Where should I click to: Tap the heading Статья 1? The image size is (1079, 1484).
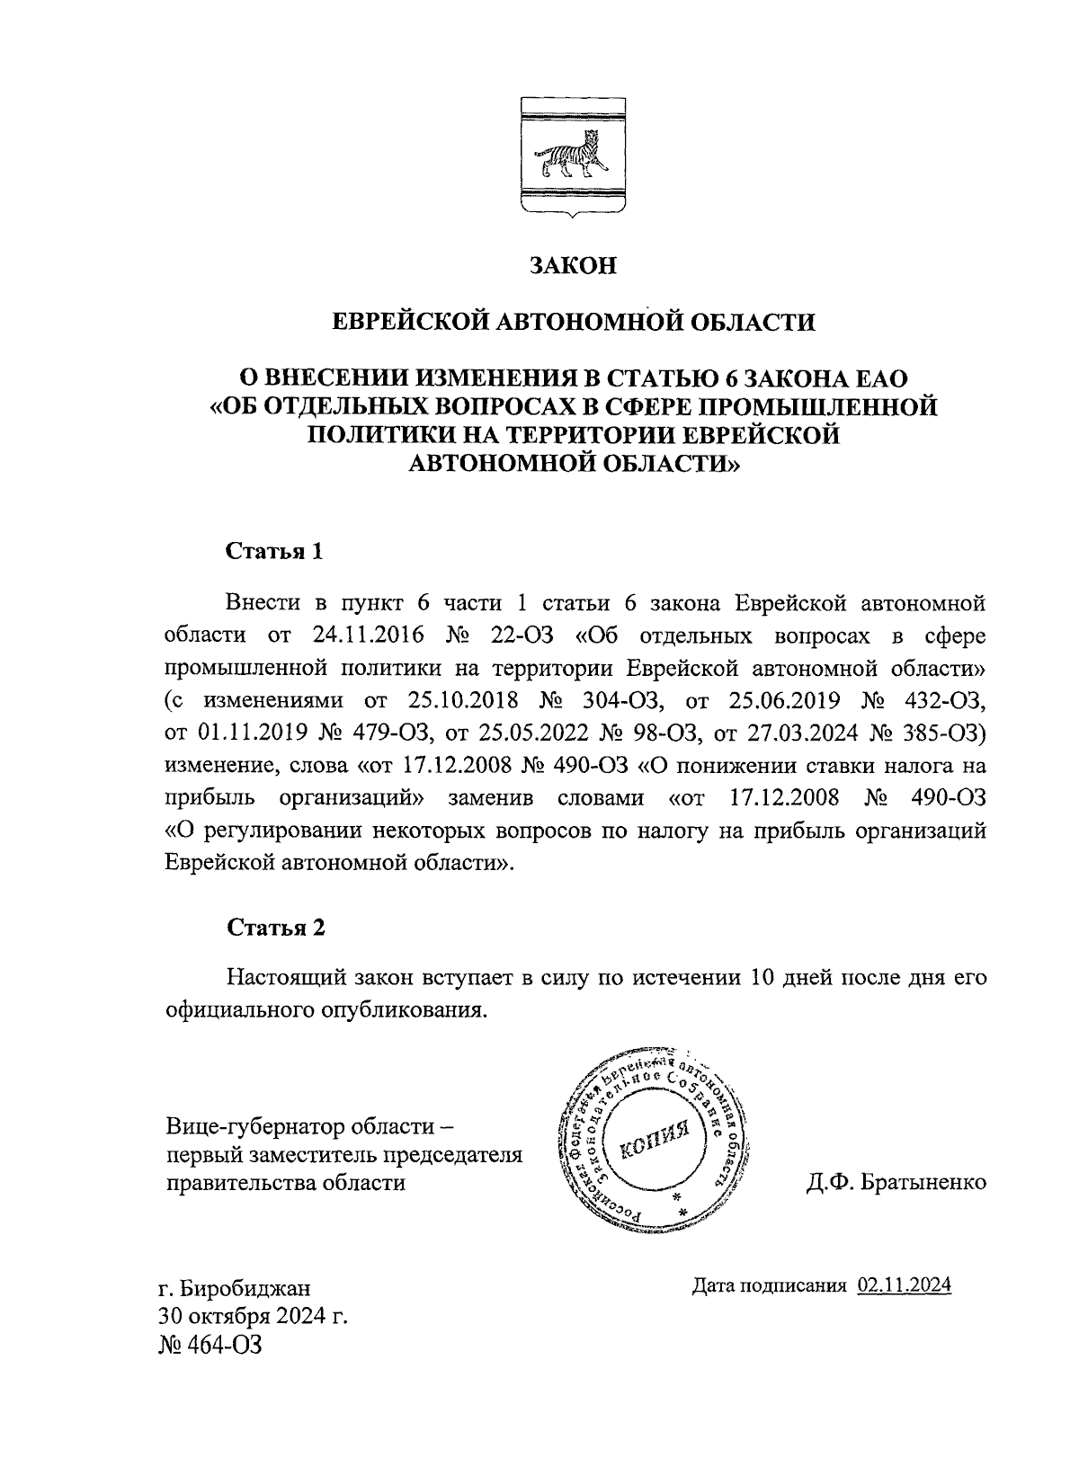click(273, 550)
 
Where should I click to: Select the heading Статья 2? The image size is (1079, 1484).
click(274, 928)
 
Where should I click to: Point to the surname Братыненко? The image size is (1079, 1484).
click(923, 1183)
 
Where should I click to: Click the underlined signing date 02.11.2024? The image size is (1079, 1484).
click(905, 1285)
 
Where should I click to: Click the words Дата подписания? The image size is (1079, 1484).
click(770, 1285)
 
